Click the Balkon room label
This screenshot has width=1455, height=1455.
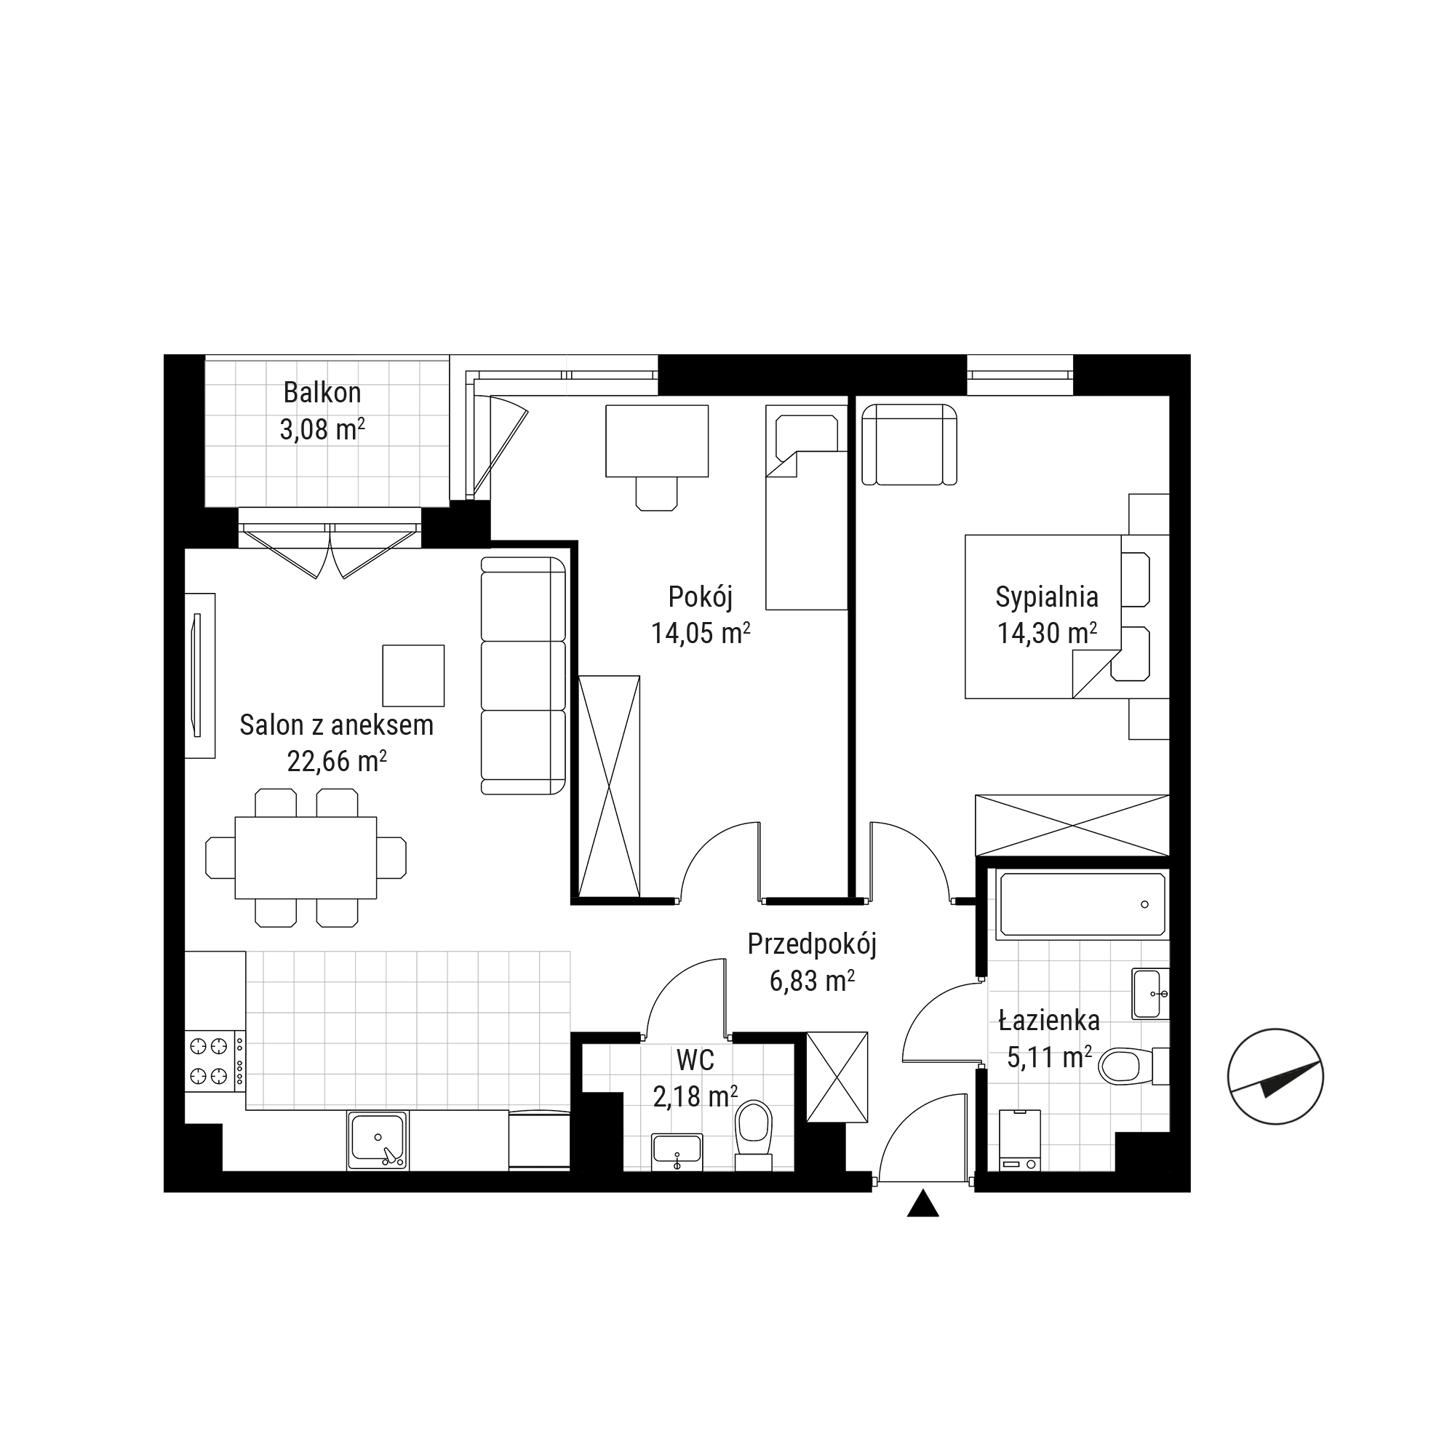point(322,392)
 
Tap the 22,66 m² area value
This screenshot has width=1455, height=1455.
point(337,762)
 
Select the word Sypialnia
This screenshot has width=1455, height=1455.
point(1047,597)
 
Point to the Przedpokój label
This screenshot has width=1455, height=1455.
point(812,944)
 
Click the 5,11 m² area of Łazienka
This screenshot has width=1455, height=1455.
point(1049,1057)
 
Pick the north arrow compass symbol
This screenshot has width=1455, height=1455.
point(1275,1077)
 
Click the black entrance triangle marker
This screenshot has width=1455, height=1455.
point(922,1203)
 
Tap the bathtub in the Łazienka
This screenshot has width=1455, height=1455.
point(1083,904)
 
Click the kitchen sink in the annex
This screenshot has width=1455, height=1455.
point(378,1140)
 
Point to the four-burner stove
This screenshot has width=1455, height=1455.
point(215,1061)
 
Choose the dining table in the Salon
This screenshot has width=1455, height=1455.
point(306,858)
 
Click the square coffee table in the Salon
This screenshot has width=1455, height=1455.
point(412,676)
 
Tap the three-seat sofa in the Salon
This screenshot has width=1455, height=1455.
point(523,676)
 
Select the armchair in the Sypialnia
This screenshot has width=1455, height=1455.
point(909,445)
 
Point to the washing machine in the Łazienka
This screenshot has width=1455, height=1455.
point(1020,1140)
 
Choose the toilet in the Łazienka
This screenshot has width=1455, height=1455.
point(1133,1067)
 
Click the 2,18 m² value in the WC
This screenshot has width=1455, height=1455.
point(695,1096)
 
